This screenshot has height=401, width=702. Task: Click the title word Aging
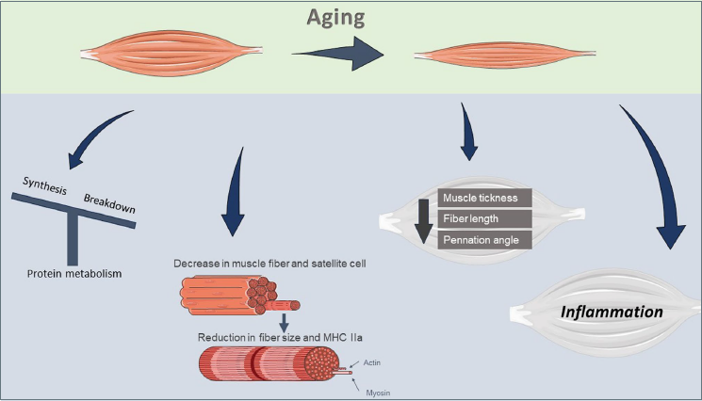(335, 18)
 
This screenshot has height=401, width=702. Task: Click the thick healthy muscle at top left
(171, 54)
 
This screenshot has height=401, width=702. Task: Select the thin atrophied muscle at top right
(504, 55)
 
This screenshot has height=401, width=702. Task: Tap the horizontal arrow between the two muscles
(338, 54)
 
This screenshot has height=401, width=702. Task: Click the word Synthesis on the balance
(45, 185)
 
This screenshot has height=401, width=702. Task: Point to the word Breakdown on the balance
(109, 203)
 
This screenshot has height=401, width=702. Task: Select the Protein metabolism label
(74, 274)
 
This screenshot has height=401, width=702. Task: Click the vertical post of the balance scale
(73, 238)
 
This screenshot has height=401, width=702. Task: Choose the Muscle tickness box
(485, 198)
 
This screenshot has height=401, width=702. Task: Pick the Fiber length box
(485, 218)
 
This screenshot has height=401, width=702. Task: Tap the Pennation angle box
(485, 240)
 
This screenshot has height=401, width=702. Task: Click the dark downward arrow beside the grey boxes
(423, 221)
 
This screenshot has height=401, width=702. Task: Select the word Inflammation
(612, 312)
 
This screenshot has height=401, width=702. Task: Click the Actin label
(371, 362)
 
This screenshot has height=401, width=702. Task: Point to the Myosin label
(378, 393)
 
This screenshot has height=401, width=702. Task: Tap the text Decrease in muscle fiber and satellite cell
(269, 264)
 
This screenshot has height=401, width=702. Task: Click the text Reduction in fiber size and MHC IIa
(280, 337)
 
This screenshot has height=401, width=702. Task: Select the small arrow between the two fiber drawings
(284, 323)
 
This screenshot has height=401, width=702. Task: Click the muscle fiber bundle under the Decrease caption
(240, 295)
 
